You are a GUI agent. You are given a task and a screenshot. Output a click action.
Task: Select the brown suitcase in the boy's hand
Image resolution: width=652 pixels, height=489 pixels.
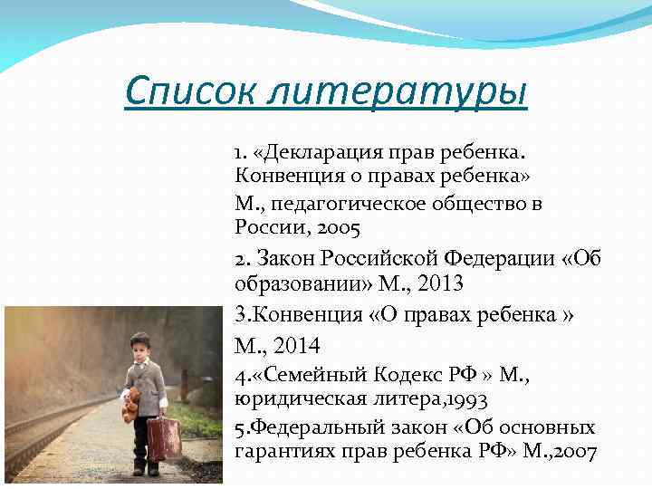(x=164, y=438)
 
